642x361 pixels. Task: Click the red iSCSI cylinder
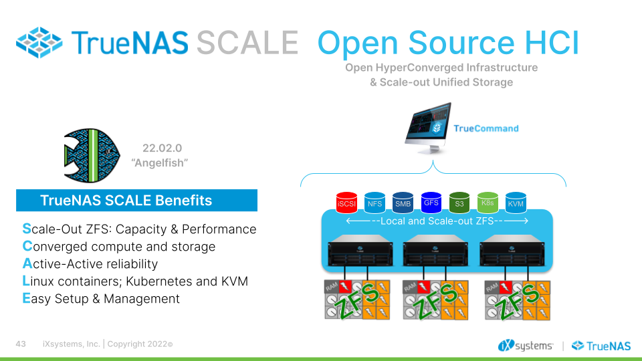pyautogui.click(x=347, y=201)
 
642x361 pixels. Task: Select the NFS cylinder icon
pyautogui.click(x=375, y=202)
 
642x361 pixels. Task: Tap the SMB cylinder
pyautogui.click(x=403, y=202)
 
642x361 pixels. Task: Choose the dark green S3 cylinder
pyautogui.click(x=459, y=202)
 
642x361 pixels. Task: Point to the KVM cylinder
pyautogui.click(x=516, y=202)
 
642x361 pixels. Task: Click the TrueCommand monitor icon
pyautogui.click(x=429, y=128)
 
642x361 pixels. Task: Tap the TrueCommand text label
pyautogui.click(x=486, y=128)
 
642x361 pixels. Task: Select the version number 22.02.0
pyautogui.click(x=161, y=148)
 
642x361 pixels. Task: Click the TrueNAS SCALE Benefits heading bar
pyautogui.click(x=136, y=201)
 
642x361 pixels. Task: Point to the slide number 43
pyautogui.click(x=21, y=344)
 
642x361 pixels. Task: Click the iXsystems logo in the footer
pyautogui.click(x=525, y=345)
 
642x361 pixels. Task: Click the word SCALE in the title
pyautogui.click(x=247, y=43)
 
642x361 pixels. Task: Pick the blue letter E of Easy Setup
pyautogui.click(x=26, y=299)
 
